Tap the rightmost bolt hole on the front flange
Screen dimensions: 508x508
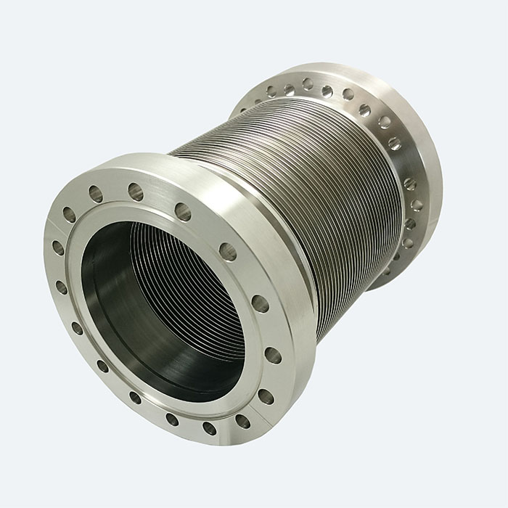[x=273, y=355]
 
